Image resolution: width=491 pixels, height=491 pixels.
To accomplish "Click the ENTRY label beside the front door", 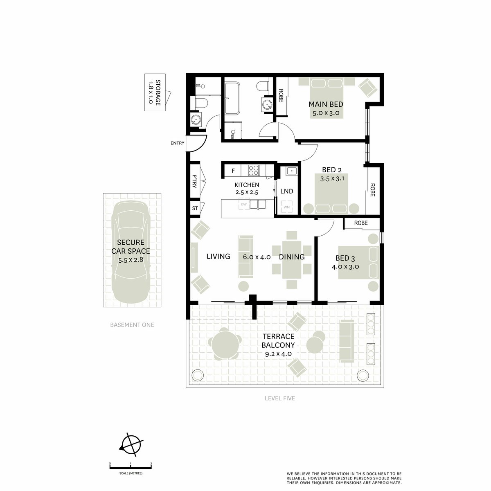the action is tap(177, 143).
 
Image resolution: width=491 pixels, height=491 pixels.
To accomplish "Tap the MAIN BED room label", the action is tap(326, 104).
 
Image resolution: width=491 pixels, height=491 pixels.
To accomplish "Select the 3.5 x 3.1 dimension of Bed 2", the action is tap(332, 179).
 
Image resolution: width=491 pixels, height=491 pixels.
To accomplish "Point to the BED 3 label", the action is tap(345, 258).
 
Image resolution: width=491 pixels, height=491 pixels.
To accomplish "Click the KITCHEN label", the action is tap(247, 185).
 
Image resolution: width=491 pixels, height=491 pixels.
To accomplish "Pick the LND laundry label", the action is tap(287, 191).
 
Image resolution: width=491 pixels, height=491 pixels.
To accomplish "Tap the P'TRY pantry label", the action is tap(195, 181).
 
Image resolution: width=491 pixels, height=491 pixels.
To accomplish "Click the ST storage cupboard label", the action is tap(195, 208).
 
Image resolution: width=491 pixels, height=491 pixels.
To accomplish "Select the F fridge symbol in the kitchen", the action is tap(233, 171).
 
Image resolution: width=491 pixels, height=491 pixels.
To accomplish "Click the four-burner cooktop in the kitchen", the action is tap(254, 170).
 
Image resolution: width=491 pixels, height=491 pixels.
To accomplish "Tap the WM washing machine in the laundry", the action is tap(287, 207).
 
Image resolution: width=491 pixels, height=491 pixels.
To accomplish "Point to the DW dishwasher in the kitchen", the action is tap(244, 204).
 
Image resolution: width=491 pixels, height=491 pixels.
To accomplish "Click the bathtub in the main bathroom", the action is tap(232, 98).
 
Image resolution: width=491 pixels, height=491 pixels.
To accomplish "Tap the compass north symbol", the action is tap(131, 447).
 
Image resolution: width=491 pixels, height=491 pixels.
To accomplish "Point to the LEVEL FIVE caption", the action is tap(280, 398).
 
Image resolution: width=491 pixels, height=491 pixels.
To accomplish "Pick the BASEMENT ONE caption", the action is tap(132, 325).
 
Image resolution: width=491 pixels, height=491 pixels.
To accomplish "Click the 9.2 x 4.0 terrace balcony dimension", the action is tap(278, 354).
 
